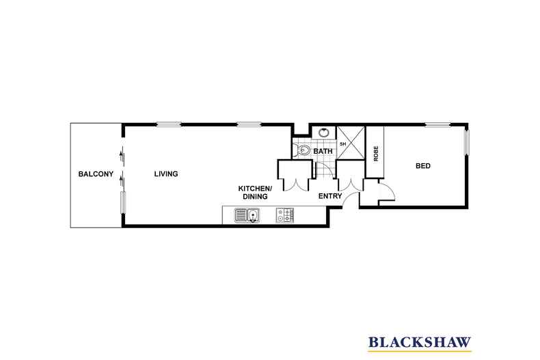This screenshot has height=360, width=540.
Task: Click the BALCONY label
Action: [95, 174]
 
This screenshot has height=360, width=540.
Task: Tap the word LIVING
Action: [165, 174]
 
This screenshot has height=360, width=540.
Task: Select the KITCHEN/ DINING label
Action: [255, 193]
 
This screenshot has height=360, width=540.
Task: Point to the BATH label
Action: [323, 151]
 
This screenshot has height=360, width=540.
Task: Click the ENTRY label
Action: [329, 197]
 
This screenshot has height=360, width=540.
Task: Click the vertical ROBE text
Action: [376, 154]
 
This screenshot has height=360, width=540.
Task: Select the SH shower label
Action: [342, 144]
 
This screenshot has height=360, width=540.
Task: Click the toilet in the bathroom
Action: [303, 150]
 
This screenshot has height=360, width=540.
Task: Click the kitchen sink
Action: [247, 216]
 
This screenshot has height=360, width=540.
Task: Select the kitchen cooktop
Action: [285, 216]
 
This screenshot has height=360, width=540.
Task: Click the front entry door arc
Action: [351, 199]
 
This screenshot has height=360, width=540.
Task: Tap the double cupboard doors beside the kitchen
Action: [296, 183]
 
